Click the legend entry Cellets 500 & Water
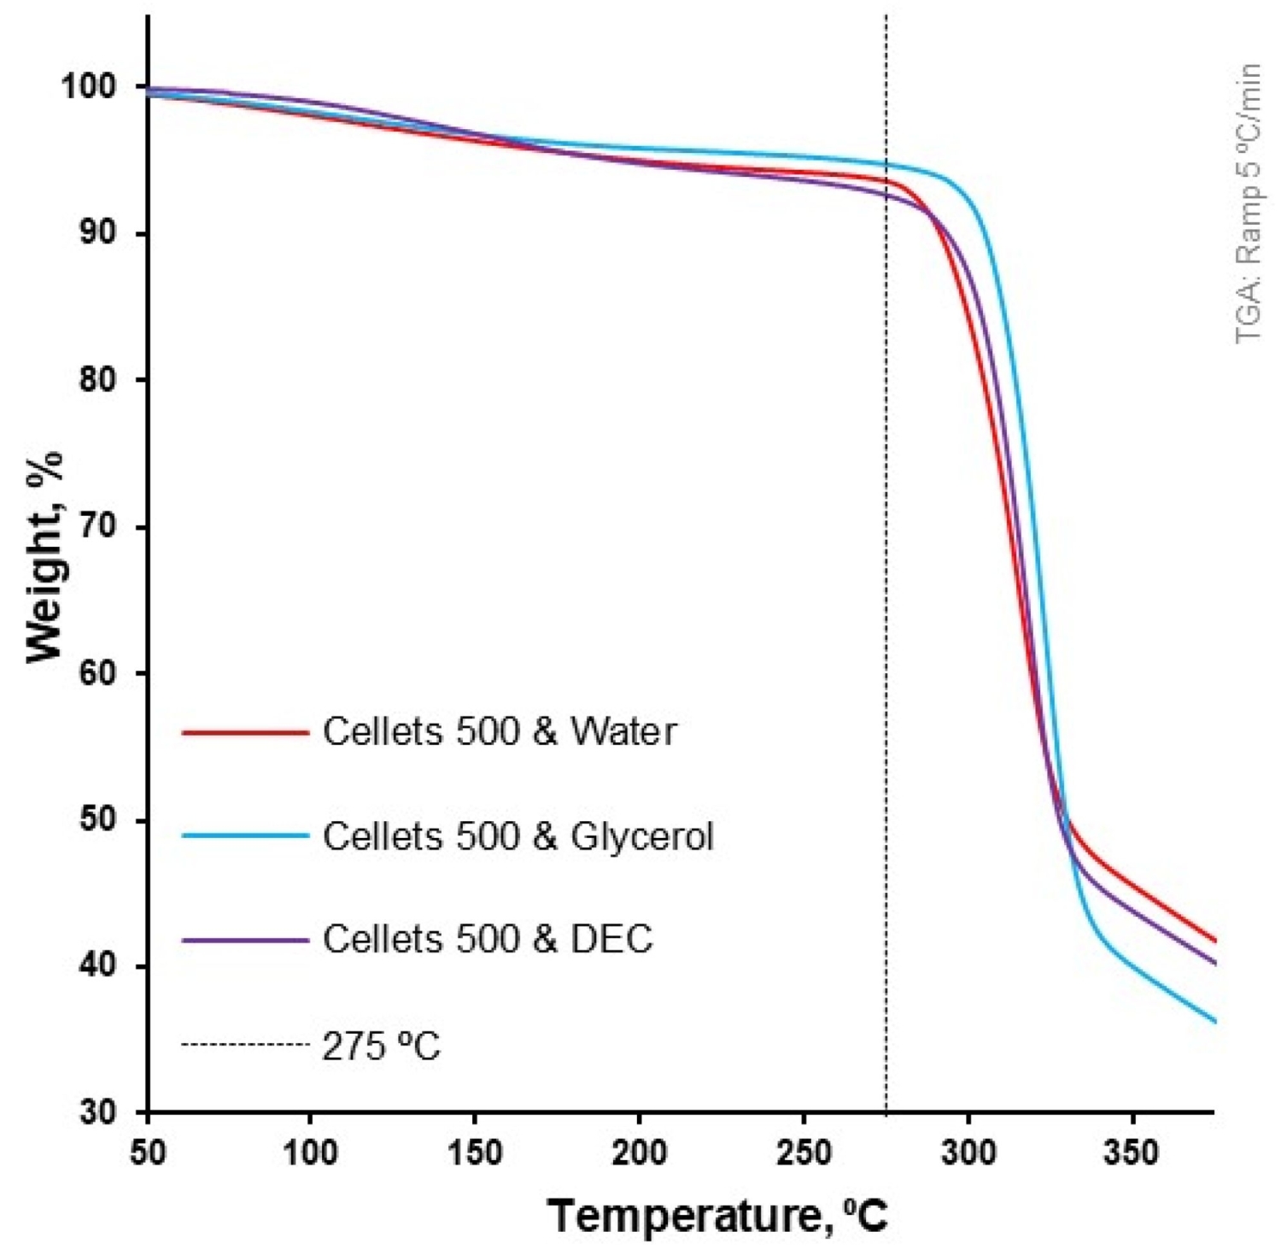click(x=500, y=732)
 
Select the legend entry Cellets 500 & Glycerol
click(x=518, y=836)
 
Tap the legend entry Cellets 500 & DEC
click(x=488, y=940)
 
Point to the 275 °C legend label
click(x=381, y=1046)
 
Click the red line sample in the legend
click(x=245, y=732)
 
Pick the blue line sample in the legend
click(x=245, y=836)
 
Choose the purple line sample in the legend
click(x=245, y=940)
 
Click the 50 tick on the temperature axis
click(x=149, y=1154)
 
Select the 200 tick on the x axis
click(x=640, y=1154)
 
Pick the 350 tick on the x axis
click(x=1132, y=1154)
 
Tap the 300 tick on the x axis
click(x=968, y=1154)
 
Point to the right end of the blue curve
click(x=1214, y=1020)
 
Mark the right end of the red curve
click(x=1214, y=941)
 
